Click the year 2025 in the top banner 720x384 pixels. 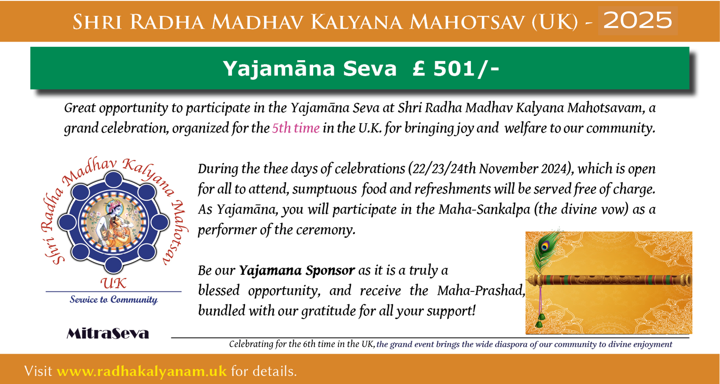638,20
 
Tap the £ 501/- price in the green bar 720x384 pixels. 455,68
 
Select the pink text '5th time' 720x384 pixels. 295,128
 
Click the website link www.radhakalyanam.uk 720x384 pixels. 141,371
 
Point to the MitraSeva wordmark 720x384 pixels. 108,334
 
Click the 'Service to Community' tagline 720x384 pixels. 114,299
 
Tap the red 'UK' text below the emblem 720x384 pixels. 113,283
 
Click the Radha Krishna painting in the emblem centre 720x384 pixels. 113,221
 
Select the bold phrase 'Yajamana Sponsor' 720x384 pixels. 297,270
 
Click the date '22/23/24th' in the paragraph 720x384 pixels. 444,169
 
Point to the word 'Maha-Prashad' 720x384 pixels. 481,291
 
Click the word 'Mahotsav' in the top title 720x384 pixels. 468,22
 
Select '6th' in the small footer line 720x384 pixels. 309,344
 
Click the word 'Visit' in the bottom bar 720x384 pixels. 38,371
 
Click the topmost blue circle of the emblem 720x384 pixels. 113,179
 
